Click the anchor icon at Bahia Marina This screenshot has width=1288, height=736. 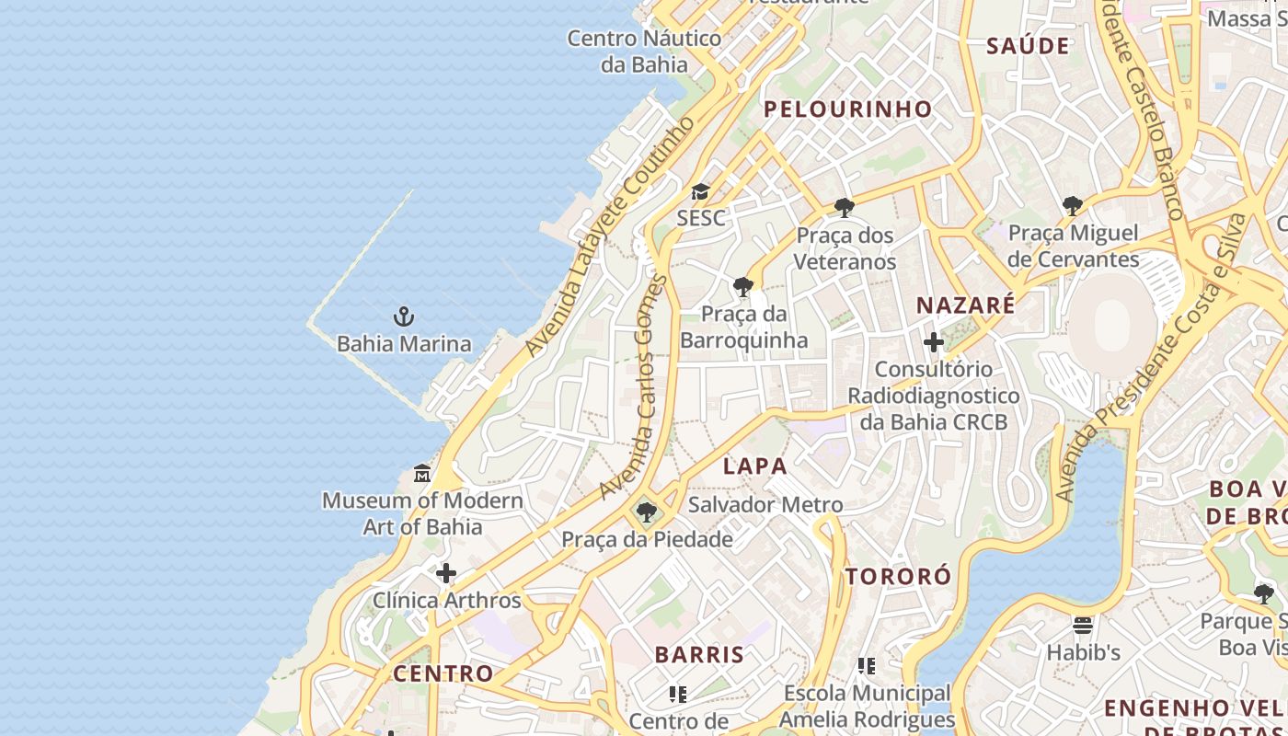403,316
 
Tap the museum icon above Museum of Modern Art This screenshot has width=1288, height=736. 422,474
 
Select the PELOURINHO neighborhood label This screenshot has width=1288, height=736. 848,109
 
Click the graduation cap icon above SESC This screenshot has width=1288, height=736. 701,192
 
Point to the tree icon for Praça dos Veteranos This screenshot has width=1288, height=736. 845,208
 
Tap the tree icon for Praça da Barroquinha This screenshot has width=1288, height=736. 743,287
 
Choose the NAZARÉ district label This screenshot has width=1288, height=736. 966,305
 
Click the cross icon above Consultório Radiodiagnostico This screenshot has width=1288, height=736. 934,343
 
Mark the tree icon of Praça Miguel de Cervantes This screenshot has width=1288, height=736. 1073,206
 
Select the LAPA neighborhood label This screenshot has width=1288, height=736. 754,466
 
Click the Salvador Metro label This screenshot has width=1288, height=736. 765,505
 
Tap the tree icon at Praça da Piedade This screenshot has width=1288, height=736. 647,512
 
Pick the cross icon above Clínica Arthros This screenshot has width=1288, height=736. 446,574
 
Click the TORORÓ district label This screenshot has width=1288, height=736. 898,577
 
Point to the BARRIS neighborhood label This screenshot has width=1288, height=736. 699,655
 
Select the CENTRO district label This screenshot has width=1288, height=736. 443,673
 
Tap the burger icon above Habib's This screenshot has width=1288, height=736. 1083,626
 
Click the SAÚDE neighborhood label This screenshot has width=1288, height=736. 1028,46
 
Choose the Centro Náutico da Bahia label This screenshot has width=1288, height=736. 644,52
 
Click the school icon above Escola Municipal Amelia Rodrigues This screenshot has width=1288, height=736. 867,665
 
